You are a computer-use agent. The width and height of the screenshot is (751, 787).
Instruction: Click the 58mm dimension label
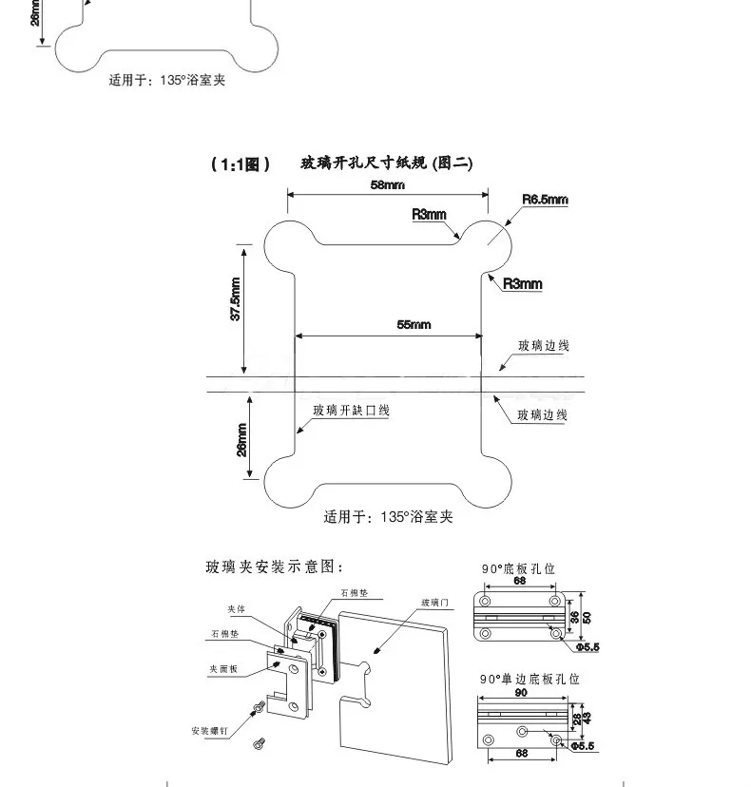click(388, 185)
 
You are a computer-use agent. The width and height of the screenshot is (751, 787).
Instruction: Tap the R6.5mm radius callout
click(545, 200)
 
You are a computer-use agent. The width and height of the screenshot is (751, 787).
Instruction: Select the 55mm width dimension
click(414, 325)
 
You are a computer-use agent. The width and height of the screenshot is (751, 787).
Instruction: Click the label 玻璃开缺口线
click(352, 411)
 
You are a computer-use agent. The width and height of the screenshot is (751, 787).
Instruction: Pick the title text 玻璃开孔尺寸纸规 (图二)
click(386, 163)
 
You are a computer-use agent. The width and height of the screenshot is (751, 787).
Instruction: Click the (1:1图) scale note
click(241, 164)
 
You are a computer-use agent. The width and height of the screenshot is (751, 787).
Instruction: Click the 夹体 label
click(237, 609)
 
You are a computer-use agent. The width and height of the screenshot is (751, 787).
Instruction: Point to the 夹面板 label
click(223, 669)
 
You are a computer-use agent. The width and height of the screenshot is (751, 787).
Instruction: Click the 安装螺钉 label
click(209, 731)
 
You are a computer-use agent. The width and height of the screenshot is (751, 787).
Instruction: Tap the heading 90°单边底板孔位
click(529, 679)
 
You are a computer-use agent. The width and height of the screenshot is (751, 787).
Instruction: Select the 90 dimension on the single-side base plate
click(521, 693)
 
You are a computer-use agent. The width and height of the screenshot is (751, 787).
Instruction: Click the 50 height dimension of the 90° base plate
click(587, 617)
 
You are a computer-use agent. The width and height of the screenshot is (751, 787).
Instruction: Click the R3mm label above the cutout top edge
click(429, 214)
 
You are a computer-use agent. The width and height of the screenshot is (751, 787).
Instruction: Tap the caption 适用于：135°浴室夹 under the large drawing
click(389, 517)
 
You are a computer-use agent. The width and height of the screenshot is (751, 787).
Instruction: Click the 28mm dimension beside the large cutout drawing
click(242, 439)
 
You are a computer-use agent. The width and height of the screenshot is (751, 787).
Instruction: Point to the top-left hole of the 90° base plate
click(488, 604)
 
